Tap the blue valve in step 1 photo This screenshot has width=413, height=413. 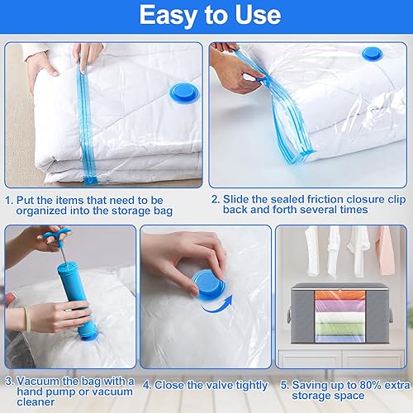pos(183,93)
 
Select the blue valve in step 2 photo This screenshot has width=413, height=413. pos(373,54)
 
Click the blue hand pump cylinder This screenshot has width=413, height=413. pos(77,299)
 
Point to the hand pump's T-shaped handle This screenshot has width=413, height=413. pos(56,234)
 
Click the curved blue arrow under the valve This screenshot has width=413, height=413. pos(216,305)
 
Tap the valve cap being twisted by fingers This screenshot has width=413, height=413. pos(209,284)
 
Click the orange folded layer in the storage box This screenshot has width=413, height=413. pos(340,296)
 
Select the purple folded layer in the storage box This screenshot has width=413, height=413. pos(340,306)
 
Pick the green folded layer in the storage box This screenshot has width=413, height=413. pos(340,329)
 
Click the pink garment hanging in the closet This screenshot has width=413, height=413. pos(386,250)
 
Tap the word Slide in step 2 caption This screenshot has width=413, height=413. pos(235,199)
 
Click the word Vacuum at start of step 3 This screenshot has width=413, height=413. pos(38,382)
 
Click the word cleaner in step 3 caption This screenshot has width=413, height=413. pos(36,402)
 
